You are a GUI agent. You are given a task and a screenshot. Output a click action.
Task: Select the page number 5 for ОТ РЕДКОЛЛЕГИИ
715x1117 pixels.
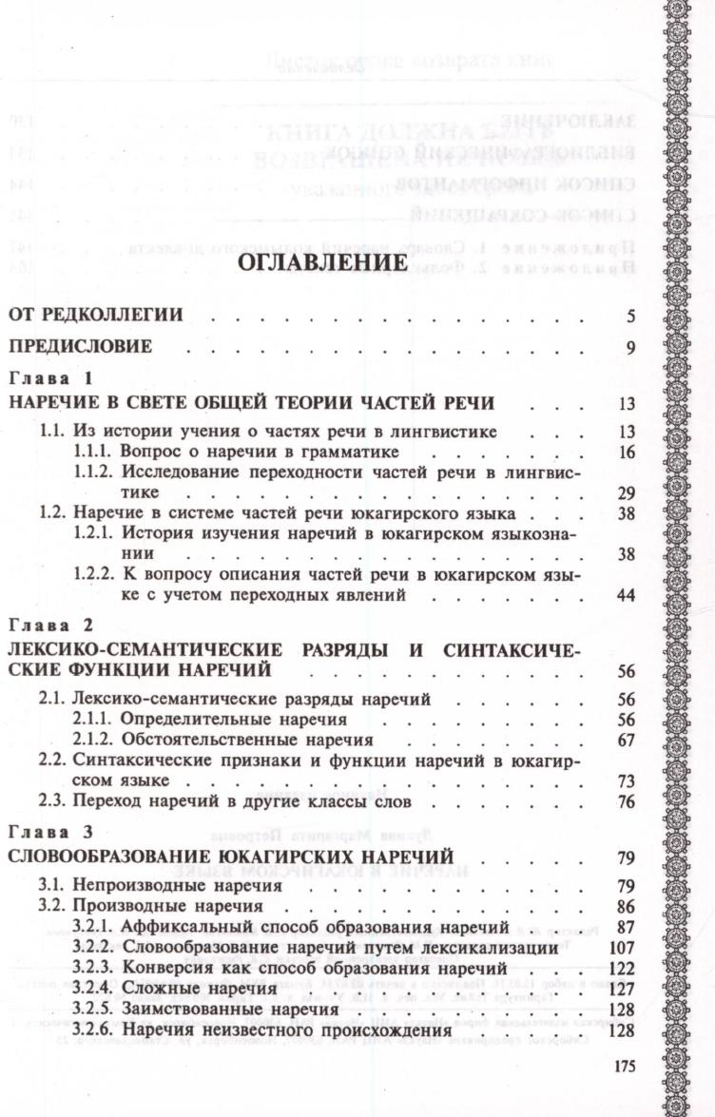[x=629, y=316]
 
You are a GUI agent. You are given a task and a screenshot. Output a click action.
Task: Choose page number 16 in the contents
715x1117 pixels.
[x=625, y=452]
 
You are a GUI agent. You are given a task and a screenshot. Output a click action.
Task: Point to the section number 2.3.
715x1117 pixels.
[x=52, y=802]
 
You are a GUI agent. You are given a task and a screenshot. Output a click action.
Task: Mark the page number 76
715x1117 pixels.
[x=625, y=802]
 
